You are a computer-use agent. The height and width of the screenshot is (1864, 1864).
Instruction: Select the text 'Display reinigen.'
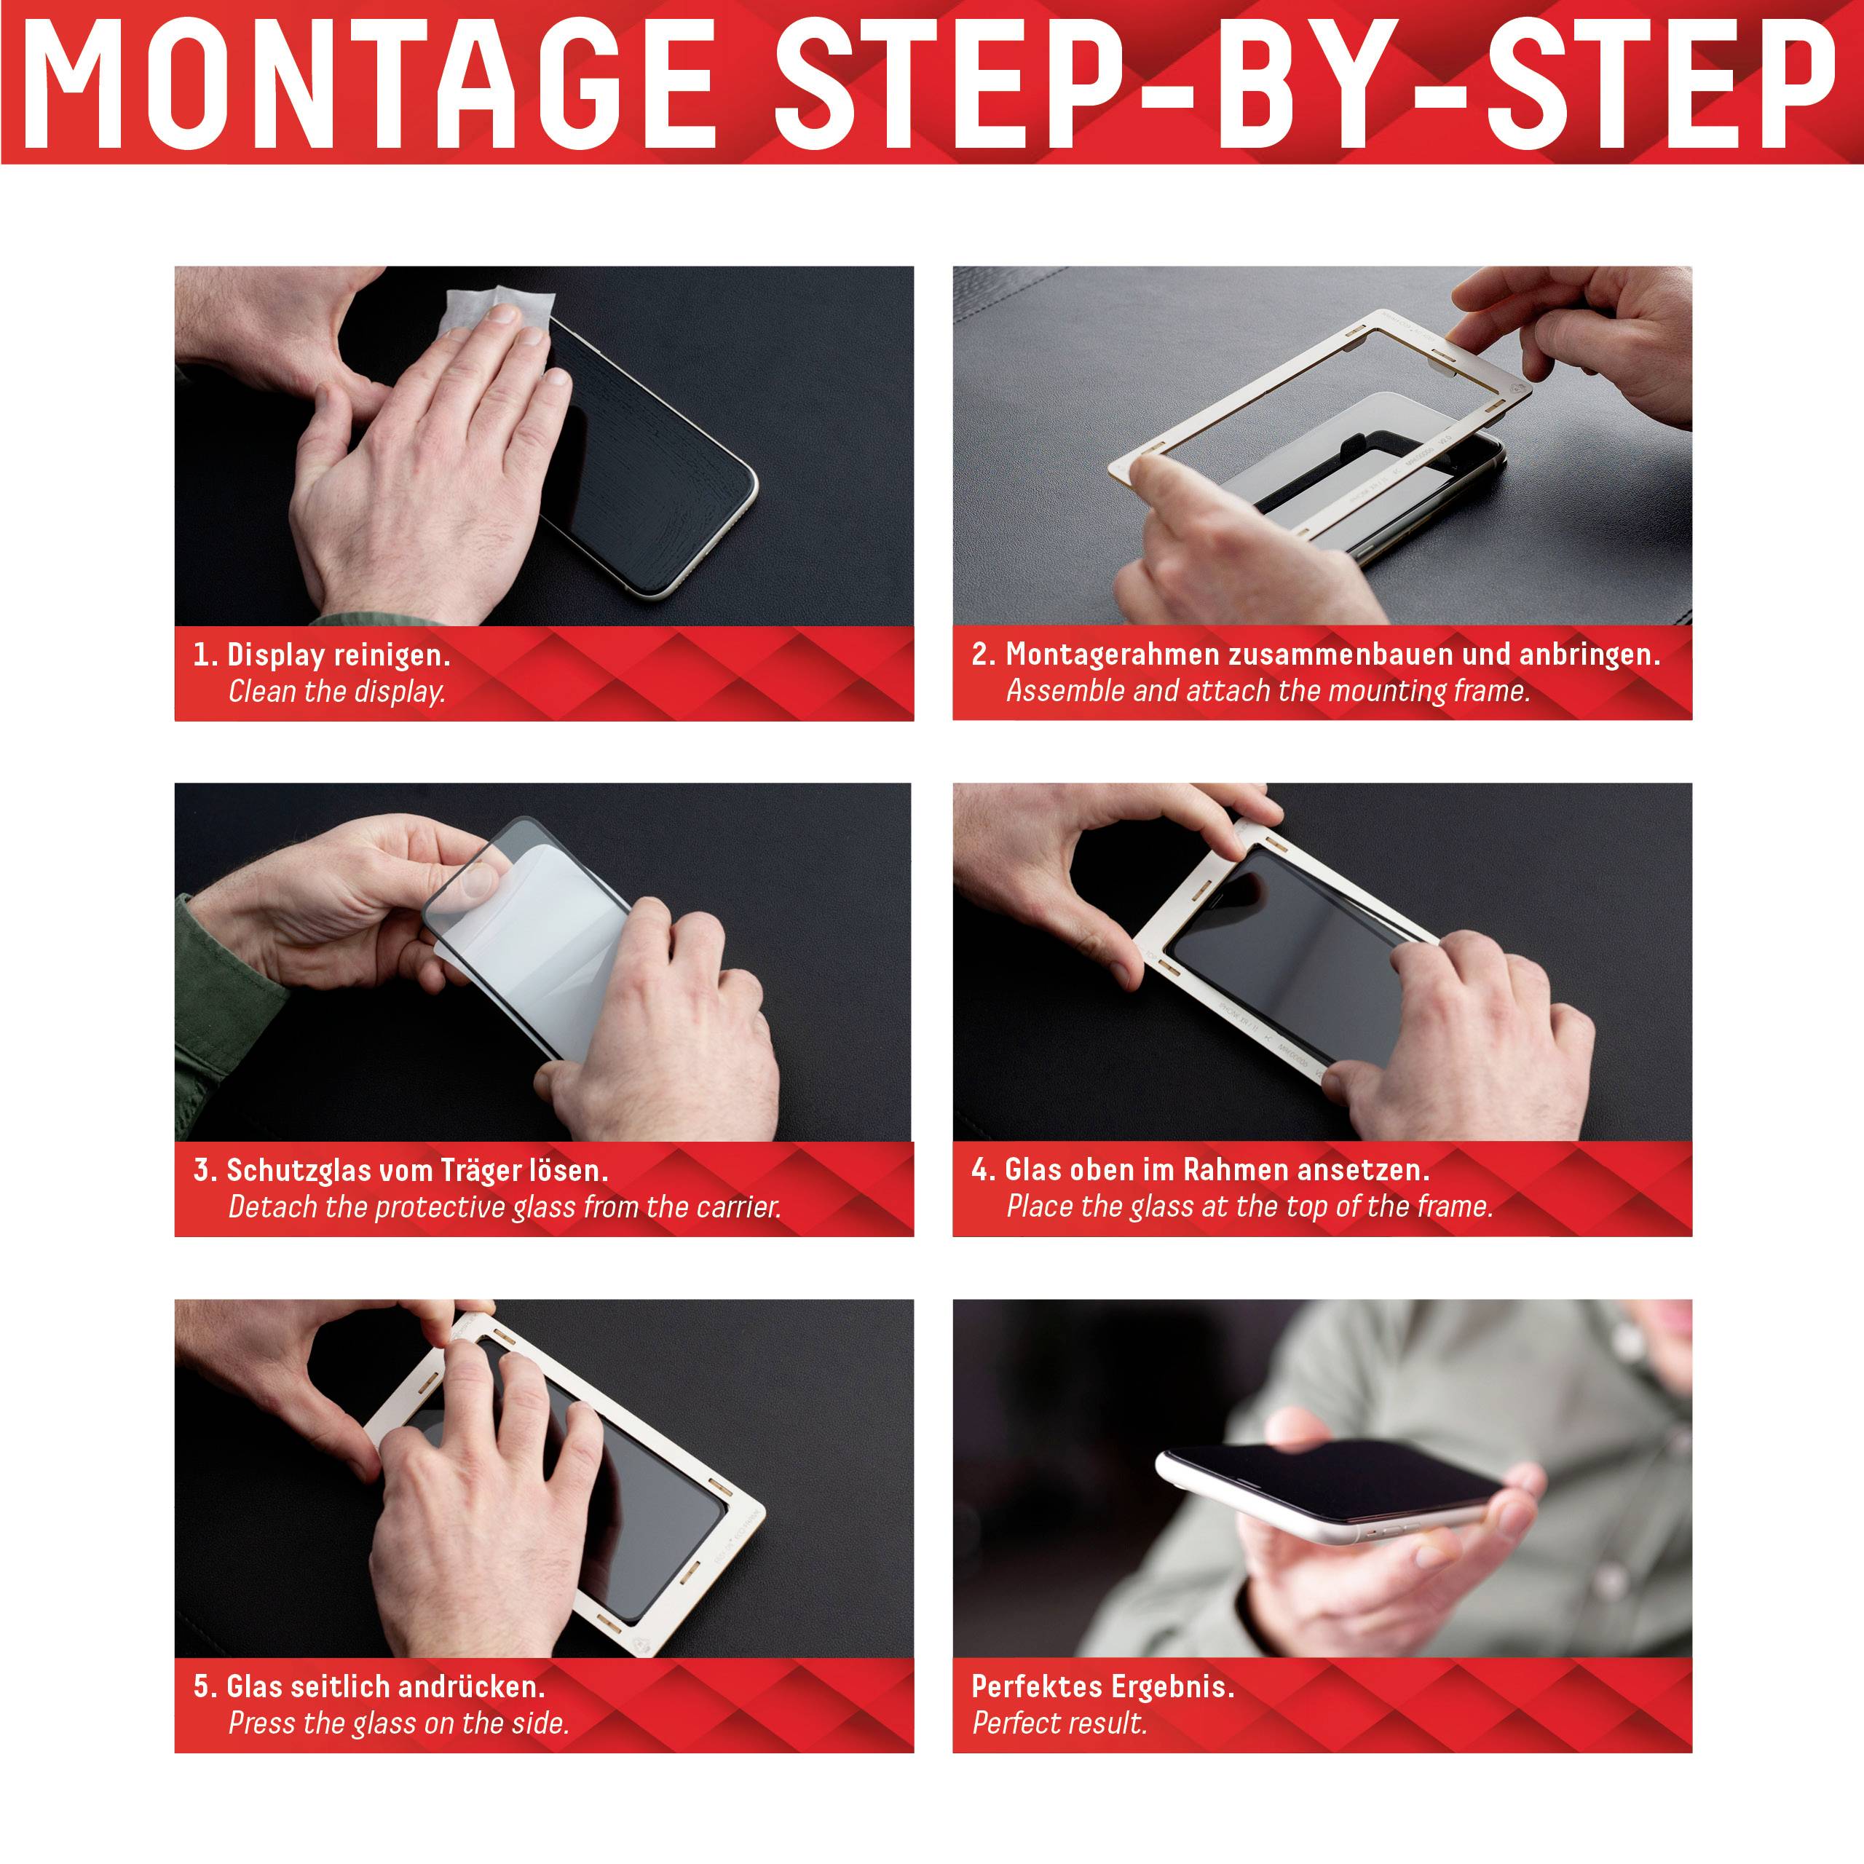click(339, 655)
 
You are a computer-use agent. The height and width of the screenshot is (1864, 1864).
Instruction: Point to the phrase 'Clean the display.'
click(336, 692)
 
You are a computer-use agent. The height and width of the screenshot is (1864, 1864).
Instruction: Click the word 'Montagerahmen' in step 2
click(1113, 654)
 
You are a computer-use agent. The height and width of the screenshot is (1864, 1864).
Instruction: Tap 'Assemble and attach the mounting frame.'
click(1268, 691)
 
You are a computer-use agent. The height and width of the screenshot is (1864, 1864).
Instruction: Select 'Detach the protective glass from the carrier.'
click(505, 1207)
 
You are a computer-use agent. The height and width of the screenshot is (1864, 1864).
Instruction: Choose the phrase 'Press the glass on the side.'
click(398, 1723)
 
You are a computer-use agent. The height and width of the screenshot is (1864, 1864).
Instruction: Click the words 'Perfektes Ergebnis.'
click(1103, 1686)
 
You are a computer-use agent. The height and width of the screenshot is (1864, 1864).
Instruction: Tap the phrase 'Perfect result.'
click(1059, 1723)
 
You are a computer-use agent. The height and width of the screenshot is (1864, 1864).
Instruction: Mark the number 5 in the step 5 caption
click(202, 1686)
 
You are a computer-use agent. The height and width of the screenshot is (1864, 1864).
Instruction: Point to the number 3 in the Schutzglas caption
click(202, 1170)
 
